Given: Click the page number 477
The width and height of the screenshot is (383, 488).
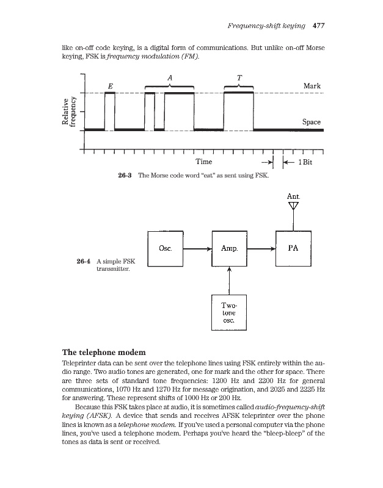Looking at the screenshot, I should (x=318, y=26).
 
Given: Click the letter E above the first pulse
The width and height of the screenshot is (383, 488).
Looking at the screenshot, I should (x=109, y=86).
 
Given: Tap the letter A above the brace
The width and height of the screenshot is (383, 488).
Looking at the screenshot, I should (x=169, y=77).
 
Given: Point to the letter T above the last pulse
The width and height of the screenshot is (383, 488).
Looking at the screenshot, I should (x=239, y=77).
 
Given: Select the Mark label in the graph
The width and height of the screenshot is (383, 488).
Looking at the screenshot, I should (x=312, y=86).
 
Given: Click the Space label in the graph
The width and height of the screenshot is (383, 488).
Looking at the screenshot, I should (x=312, y=122).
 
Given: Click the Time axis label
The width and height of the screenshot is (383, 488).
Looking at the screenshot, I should (x=203, y=162).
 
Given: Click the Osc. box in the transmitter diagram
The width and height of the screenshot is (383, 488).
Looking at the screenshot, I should (x=166, y=248).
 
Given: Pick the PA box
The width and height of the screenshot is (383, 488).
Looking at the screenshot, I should (x=293, y=248).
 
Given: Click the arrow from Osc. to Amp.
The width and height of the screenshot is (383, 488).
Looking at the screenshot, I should (x=197, y=249).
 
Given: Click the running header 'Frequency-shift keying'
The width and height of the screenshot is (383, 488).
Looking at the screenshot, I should (x=266, y=26).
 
